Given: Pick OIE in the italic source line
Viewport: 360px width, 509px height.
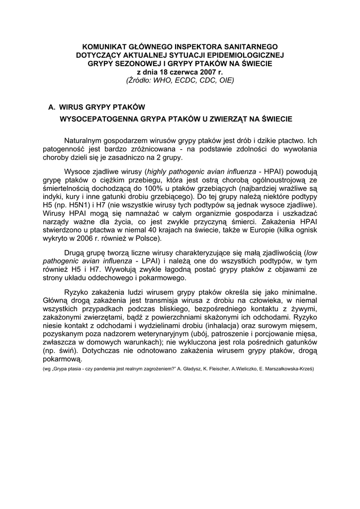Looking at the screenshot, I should [x=225, y=80].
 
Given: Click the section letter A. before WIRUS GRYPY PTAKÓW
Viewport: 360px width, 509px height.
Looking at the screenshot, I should [x=51, y=107].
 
